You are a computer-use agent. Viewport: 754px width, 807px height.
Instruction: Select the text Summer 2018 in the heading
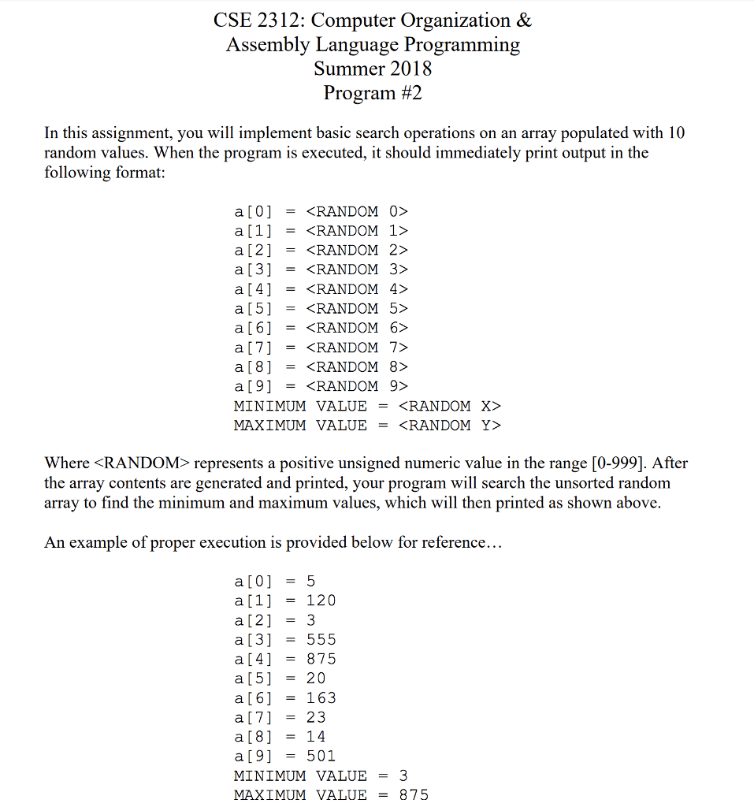(373, 69)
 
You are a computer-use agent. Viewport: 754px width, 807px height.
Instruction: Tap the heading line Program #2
(373, 93)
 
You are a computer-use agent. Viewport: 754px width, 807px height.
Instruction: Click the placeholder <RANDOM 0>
(357, 211)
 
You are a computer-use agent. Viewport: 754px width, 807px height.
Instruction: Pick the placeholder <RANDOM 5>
(357, 308)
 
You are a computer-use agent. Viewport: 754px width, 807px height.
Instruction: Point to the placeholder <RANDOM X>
(450, 406)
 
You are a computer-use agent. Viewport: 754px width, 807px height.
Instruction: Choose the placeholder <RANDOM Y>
(450, 426)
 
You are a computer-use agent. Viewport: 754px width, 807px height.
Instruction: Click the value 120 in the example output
(321, 601)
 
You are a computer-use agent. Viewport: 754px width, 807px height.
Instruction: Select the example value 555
(321, 639)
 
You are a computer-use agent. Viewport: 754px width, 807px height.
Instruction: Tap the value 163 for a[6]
(321, 697)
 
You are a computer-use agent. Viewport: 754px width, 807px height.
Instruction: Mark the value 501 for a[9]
(321, 756)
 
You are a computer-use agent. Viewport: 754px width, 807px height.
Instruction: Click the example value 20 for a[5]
(316, 678)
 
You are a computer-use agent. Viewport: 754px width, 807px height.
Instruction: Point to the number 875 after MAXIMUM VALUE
(414, 794)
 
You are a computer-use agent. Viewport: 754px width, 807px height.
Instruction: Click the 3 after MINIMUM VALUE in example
(403, 775)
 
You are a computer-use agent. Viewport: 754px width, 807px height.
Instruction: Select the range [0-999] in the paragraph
(618, 463)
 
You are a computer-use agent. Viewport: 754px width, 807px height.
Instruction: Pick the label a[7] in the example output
(253, 717)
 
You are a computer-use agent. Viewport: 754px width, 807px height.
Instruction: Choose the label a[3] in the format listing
(253, 270)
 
